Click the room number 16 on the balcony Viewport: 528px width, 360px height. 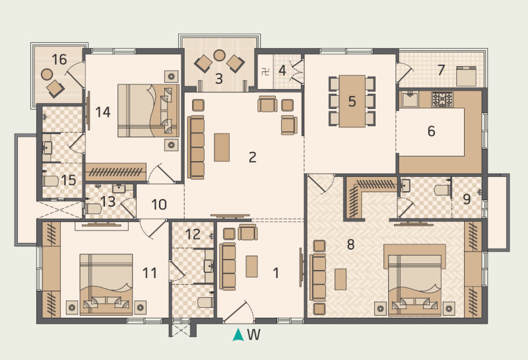59,60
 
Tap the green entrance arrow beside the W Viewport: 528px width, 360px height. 238,335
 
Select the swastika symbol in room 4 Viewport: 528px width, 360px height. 265,69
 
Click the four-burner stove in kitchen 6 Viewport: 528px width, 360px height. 442,100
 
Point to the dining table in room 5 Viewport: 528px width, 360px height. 352,101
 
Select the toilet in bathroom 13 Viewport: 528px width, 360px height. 93,209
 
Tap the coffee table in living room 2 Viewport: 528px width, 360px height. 222,147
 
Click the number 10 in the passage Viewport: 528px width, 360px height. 158,204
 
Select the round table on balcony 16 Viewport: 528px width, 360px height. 47,74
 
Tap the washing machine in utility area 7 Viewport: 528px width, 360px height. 471,77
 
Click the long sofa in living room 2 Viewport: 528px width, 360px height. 197,147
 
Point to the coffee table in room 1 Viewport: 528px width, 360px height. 252,266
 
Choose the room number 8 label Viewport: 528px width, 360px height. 350,244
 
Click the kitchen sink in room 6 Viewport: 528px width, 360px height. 411,100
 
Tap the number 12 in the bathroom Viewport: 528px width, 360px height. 192,234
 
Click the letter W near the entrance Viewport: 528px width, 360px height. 254,335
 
